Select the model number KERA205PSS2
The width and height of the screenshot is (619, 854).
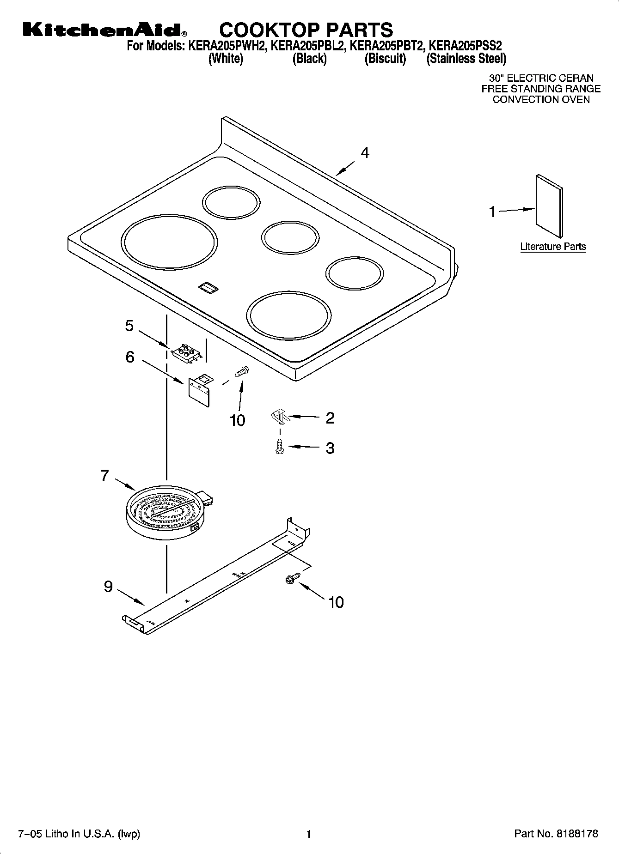coord(466,46)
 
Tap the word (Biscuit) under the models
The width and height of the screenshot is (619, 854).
coord(385,59)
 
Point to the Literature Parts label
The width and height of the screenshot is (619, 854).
coord(553,247)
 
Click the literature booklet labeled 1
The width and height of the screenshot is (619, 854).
coord(549,206)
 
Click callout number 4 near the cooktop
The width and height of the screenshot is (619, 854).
coord(365,153)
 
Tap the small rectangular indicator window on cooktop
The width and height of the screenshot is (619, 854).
coord(208,288)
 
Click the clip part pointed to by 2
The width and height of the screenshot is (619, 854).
coord(279,417)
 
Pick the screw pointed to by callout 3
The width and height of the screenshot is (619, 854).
coord(279,447)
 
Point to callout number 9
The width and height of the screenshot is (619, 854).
coord(108,587)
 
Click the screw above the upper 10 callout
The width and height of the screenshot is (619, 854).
coord(241,371)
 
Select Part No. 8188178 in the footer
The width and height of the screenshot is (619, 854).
coord(556,834)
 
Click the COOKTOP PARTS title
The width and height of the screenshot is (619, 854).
coord(306,30)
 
